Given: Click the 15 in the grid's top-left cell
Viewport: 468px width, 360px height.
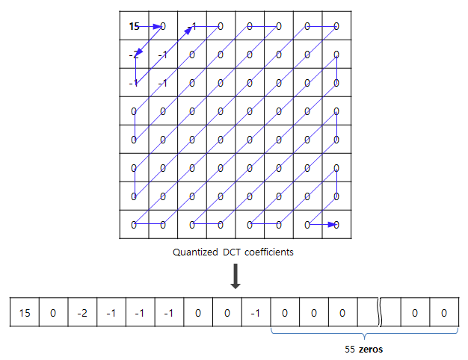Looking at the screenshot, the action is [134, 26].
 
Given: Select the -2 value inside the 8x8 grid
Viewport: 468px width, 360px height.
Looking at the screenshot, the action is [134, 55].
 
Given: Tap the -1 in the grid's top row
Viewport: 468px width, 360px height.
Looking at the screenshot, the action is [193, 26].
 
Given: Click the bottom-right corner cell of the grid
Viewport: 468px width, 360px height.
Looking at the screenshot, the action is [336, 224].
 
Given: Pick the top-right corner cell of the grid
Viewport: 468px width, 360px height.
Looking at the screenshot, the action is [336, 26].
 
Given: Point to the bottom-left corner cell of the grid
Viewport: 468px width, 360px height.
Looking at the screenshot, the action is [134, 224].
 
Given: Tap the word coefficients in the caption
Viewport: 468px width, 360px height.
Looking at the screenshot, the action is [268, 252].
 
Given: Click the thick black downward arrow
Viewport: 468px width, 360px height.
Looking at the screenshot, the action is [235, 276].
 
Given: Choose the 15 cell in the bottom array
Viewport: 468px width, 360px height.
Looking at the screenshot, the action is [24, 311].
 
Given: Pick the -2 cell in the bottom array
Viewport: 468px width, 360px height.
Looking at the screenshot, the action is [81, 311].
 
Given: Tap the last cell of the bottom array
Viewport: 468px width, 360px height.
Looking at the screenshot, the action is [444, 311].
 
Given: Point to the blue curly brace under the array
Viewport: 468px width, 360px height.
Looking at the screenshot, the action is [363, 333].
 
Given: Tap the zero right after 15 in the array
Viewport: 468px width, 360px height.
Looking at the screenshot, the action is [53, 311].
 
